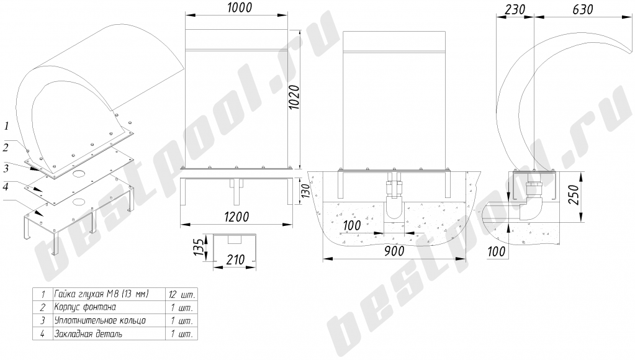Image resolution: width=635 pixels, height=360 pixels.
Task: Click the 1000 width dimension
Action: [x=237, y=7]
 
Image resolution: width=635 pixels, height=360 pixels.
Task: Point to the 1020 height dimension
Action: [x=294, y=97]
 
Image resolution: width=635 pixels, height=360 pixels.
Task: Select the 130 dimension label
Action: [x=305, y=191]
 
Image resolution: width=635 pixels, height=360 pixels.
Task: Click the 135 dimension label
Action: [x=197, y=247]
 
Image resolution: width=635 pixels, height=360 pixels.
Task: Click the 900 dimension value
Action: [x=394, y=251]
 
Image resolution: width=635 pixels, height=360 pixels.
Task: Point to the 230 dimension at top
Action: [x=515, y=9]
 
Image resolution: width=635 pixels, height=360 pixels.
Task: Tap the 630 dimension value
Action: [x=583, y=9]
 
